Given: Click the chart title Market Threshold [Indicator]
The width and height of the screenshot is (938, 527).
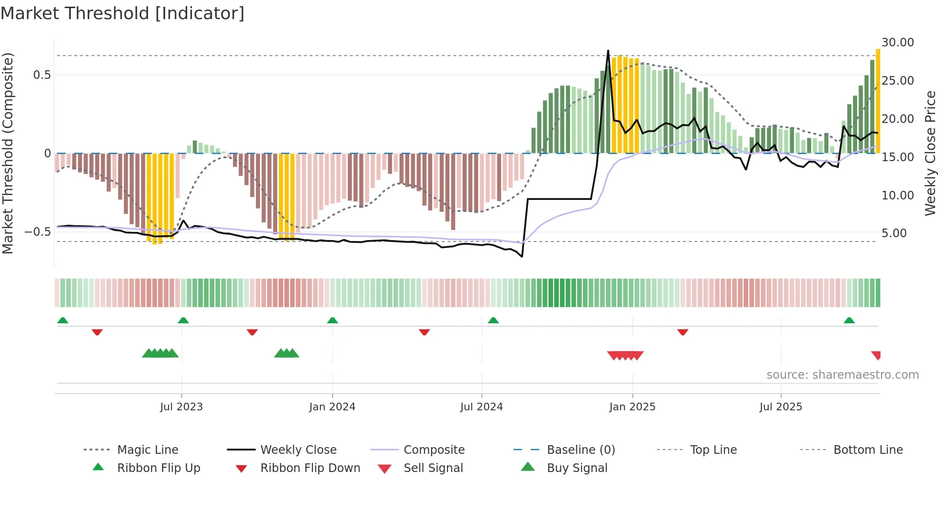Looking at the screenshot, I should pyautogui.click(x=123, y=13).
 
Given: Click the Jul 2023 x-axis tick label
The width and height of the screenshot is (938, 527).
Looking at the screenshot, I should pyautogui.click(x=181, y=407).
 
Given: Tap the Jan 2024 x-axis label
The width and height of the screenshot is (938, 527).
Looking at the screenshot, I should pyautogui.click(x=332, y=407).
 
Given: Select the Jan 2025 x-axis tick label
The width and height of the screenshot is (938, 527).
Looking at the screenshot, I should pyautogui.click(x=632, y=407).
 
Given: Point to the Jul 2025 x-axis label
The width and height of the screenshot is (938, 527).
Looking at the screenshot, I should pyautogui.click(x=781, y=407).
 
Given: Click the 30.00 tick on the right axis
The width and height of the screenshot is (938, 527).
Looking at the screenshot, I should pyautogui.click(x=898, y=43).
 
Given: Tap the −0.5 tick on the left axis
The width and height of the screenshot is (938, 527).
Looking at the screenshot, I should pyautogui.click(x=37, y=232).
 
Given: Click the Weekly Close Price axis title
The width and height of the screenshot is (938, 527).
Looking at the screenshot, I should pyautogui.click(x=930, y=153).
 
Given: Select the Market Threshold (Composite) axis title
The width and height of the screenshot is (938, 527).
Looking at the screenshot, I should pyautogui.click(x=8, y=153).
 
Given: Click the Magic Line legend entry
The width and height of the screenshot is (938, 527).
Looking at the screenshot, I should pyautogui.click(x=147, y=450).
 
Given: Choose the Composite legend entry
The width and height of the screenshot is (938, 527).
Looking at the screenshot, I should pyautogui.click(x=434, y=450).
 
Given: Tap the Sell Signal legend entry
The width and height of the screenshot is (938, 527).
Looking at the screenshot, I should pyautogui.click(x=433, y=468).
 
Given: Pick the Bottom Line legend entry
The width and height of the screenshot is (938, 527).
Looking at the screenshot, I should pyautogui.click(x=868, y=450).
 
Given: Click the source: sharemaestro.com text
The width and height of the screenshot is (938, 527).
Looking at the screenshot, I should pyautogui.click(x=842, y=375).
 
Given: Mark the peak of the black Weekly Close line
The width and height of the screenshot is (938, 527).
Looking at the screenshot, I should pyautogui.click(x=608, y=51).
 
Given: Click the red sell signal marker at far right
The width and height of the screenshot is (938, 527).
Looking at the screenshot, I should pyautogui.click(x=876, y=355).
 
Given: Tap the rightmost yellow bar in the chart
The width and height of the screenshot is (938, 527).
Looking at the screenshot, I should pyautogui.click(x=878, y=100).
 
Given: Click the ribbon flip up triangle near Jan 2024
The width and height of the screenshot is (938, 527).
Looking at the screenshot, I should pyautogui.click(x=333, y=320).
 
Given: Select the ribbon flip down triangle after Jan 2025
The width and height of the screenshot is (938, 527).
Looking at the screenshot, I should pyautogui.click(x=683, y=332).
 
